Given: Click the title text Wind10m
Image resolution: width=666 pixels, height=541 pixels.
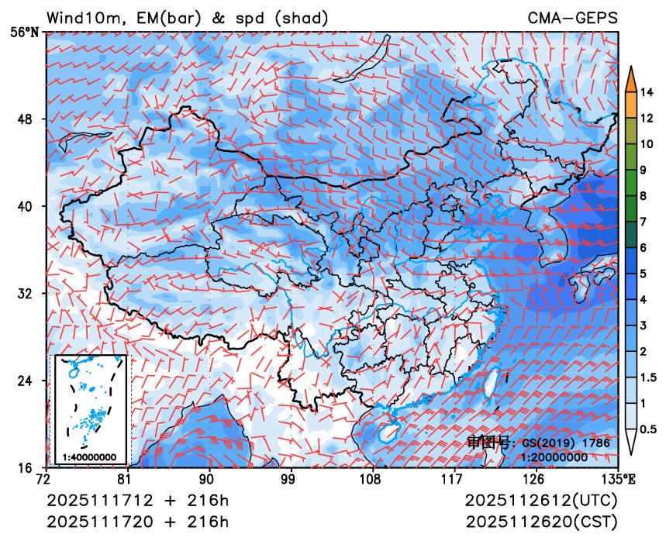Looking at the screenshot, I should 81,17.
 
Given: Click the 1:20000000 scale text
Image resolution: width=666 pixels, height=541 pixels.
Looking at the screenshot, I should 554,457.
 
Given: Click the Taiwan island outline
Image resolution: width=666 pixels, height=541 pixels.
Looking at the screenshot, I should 489,386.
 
